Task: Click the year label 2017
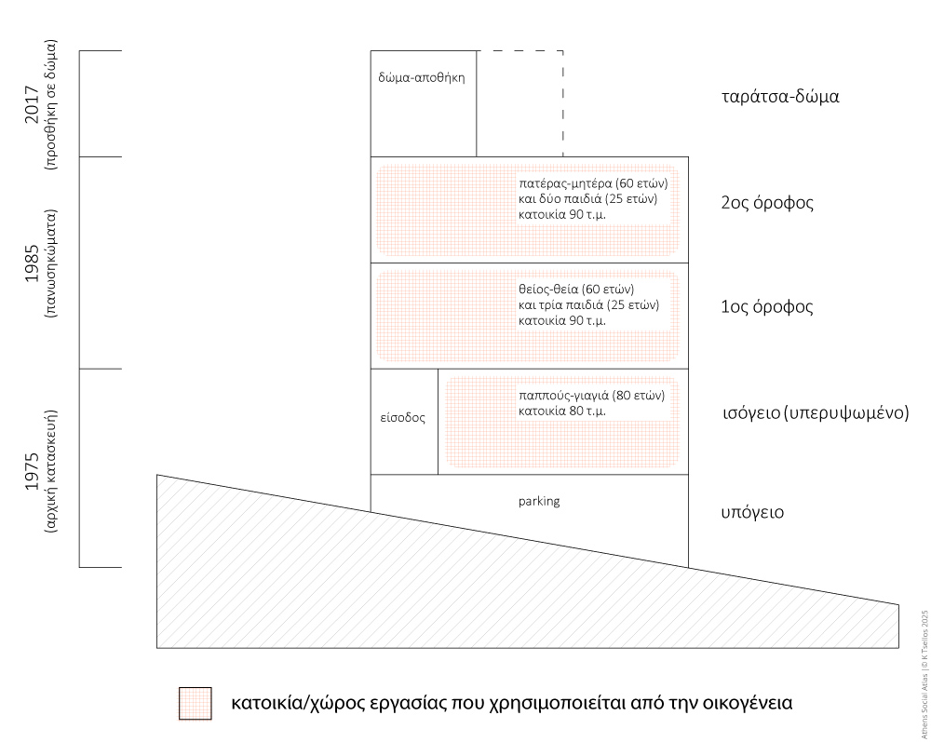tap(32, 104)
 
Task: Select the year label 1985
tap(32, 263)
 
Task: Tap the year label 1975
tap(32, 475)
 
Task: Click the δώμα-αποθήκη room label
tap(422, 78)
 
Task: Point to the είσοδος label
tap(403, 418)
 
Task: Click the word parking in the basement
tap(539, 501)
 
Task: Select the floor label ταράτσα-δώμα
tap(780, 96)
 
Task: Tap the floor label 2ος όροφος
tap(767, 202)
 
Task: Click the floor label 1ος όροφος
tap(767, 307)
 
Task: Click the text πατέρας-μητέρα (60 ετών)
tap(593, 182)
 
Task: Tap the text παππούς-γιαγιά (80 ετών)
tap(591, 395)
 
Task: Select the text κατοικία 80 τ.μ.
tap(562, 411)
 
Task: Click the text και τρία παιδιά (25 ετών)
tap(588, 304)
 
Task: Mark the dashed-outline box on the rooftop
tap(519, 102)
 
